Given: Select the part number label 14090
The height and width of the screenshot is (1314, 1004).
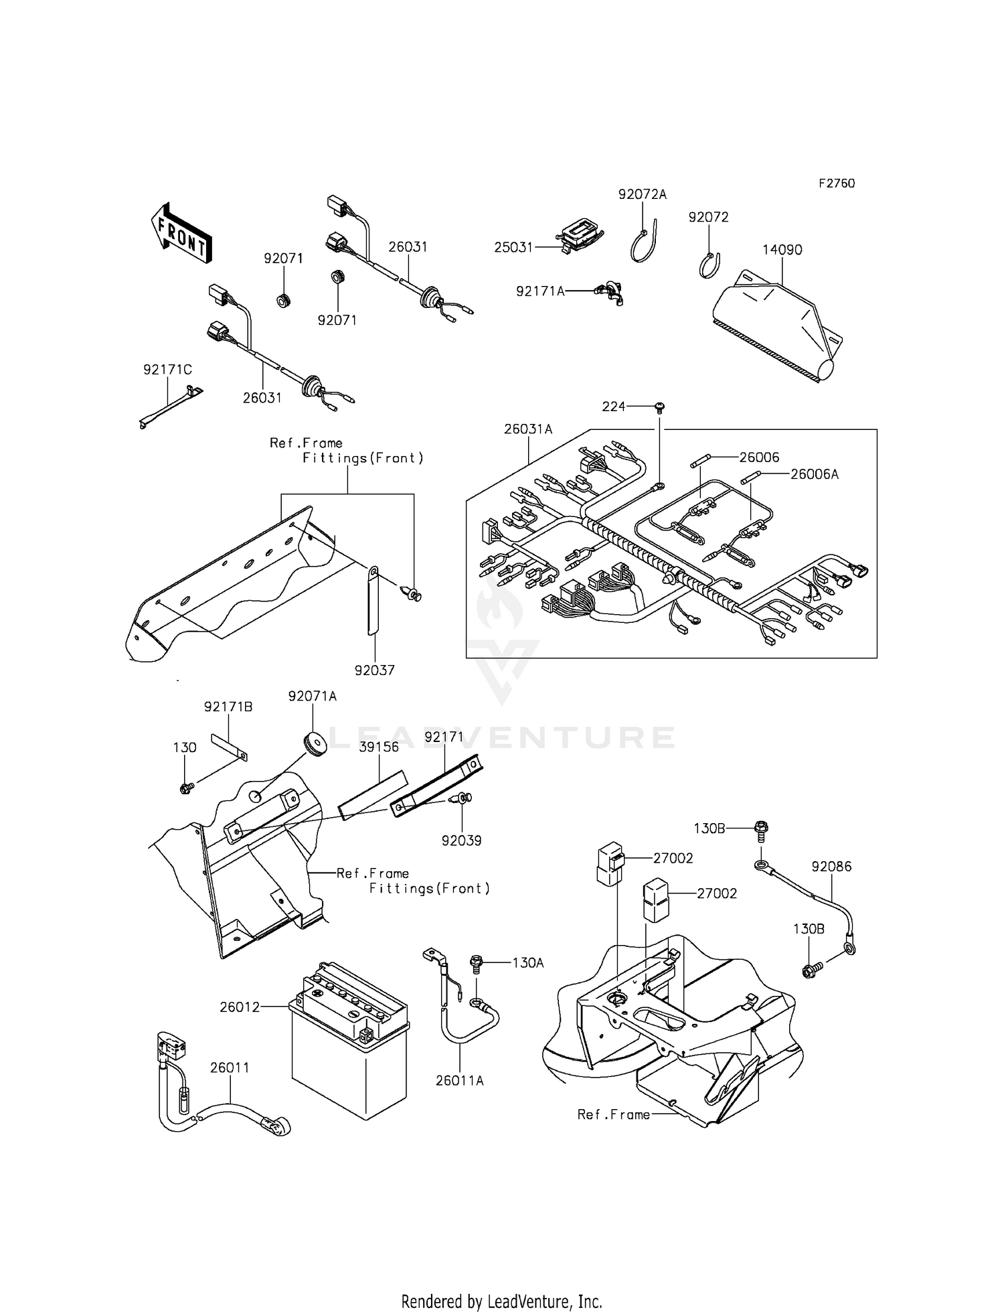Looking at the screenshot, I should [x=782, y=250].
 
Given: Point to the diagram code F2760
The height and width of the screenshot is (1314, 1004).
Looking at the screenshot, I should [x=836, y=184].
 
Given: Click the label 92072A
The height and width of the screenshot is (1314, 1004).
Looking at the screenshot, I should [x=642, y=195].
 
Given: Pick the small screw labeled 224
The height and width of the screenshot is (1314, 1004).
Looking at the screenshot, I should [x=659, y=407].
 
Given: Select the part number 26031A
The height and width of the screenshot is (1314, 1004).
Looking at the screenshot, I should [x=528, y=429].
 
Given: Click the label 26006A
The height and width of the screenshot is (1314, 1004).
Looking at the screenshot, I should [x=814, y=474].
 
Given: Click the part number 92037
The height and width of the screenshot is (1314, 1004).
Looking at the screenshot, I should [x=374, y=670].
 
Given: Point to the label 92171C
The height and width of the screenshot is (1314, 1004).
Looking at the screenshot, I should [x=167, y=370].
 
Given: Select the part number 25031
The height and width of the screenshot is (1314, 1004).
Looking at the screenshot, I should [x=513, y=248].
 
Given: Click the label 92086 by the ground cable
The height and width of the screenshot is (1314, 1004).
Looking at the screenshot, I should [x=831, y=867].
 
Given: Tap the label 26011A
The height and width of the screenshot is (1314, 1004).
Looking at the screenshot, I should [x=460, y=1080].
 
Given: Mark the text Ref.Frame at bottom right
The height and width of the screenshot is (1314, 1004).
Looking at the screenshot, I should [x=613, y=1114].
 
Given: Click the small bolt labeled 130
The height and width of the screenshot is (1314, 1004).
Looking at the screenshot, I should [x=185, y=788].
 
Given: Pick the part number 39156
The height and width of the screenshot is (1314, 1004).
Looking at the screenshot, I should [x=378, y=747].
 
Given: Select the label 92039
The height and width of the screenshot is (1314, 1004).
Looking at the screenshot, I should [x=461, y=841].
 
